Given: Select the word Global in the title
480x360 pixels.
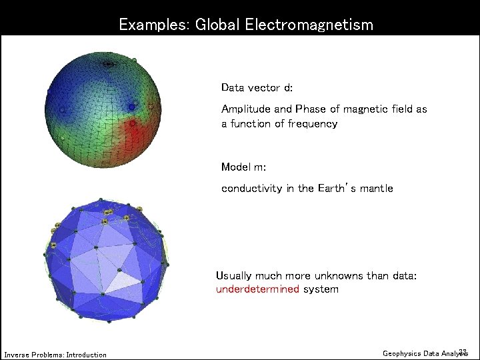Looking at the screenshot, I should coord(217,25).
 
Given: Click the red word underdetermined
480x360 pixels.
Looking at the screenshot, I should coord(257,289).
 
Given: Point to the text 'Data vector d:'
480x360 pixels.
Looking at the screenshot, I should coord(257,88).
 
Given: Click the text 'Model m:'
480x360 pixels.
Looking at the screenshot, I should coord(243,167).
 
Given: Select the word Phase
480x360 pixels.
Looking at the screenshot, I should coord(310,109).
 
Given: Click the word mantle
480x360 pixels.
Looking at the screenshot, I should coord(376,189).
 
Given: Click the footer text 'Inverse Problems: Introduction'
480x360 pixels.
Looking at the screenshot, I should coord(55,355).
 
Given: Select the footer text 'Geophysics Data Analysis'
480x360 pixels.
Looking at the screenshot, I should coord(425,353).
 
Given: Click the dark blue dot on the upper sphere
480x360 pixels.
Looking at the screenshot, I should coord(131,107).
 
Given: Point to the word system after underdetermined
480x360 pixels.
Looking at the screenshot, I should coord(321,289).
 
